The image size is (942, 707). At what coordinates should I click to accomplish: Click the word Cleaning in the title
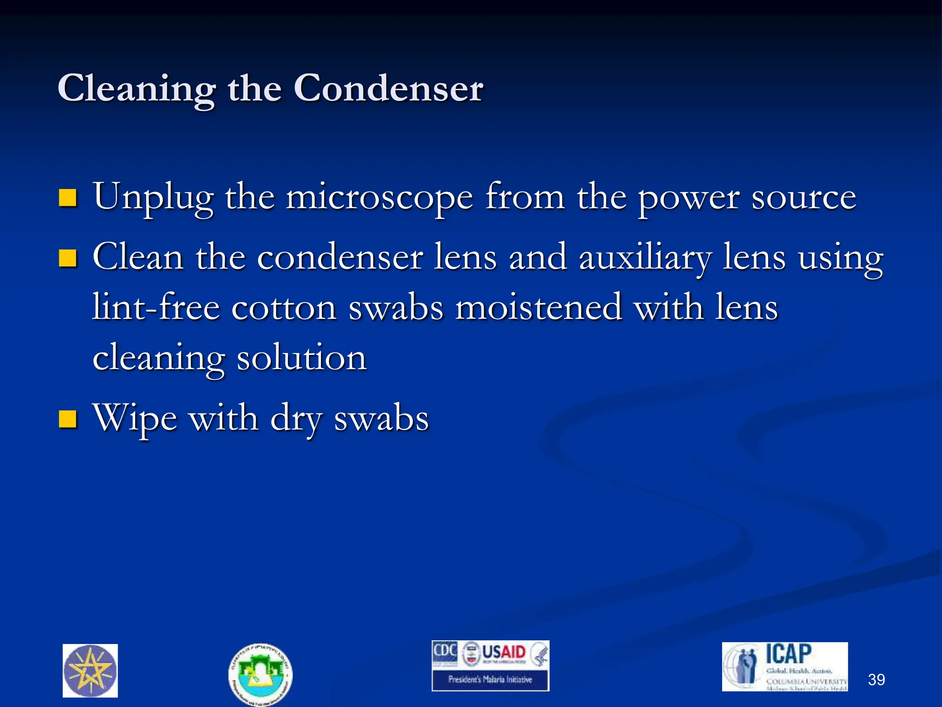[137, 88]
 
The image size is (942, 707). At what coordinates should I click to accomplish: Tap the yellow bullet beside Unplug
[68, 198]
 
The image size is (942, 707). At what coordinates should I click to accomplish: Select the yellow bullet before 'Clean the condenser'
[68, 258]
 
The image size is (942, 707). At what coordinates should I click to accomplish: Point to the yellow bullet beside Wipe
[68, 419]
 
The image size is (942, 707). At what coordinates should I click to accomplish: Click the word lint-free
[156, 307]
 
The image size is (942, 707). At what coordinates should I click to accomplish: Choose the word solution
[301, 358]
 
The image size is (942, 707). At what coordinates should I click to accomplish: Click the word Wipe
[135, 419]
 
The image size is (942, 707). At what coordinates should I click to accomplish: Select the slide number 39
[876, 679]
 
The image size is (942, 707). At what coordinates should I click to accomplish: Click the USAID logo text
[504, 652]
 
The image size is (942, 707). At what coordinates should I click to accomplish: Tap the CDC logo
[444, 652]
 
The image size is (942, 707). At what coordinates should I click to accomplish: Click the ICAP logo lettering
[788, 654]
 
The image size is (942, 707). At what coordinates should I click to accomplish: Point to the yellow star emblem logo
[90, 671]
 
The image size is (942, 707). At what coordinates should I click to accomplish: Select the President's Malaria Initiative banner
[490, 679]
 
